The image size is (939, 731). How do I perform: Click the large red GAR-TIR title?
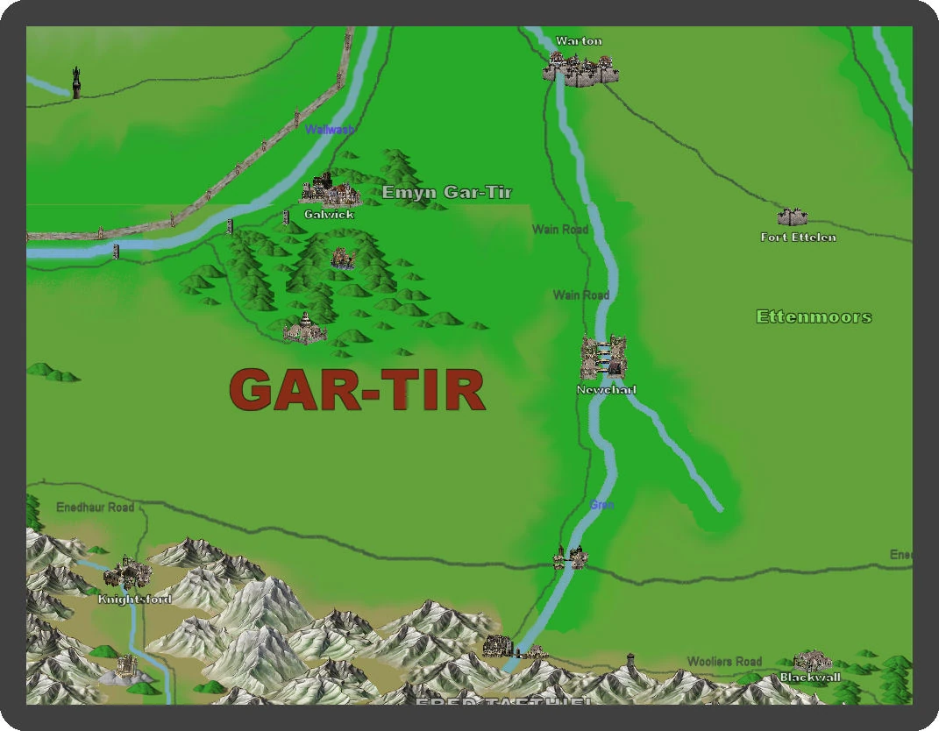[358, 390]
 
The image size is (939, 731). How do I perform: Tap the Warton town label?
[579, 41]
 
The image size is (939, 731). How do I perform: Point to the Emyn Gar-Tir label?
[446, 192]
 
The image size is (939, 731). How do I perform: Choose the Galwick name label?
[329, 214]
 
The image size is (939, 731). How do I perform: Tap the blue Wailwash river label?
[330, 130]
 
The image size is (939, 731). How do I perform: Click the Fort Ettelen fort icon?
[792, 216]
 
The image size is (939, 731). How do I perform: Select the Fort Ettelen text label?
[798, 238]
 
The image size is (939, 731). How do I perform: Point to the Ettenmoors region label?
[814, 316]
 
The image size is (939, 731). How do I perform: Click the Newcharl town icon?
[603, 358]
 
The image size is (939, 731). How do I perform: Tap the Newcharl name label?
[606, 389]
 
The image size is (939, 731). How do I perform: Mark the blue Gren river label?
[601, 505]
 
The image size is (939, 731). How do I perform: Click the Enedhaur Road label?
[95, 507]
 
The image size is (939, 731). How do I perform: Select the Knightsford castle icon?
[128, 573]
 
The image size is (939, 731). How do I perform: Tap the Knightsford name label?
[134, 600]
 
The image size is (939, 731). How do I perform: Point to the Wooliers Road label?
[724, 661]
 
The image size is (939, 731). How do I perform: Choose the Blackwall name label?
[810, 678]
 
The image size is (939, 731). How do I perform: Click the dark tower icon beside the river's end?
[76, 82]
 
